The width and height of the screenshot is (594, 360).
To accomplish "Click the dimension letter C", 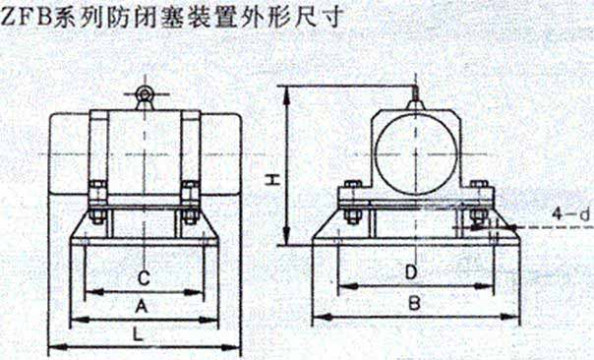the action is click(144, 278).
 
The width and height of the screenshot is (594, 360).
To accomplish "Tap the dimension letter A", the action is click(142, 306).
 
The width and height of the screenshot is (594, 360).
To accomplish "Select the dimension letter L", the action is click(139, 334).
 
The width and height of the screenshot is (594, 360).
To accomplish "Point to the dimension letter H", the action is click(272, 180).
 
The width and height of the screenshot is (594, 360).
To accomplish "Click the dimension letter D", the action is click(411, 272).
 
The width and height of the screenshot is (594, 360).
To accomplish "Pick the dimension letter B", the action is click(414, 303).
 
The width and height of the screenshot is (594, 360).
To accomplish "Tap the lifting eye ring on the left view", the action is click(145, 93).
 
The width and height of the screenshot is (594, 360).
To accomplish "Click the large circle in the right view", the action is click(416, 154).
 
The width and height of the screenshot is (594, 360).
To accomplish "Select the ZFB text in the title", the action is click(27, 17).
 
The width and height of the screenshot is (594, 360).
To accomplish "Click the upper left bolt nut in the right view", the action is click(353, 185).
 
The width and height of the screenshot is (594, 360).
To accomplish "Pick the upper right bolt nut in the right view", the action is click(479, 185).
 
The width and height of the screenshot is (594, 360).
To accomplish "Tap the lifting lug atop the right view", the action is click(416, 101).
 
